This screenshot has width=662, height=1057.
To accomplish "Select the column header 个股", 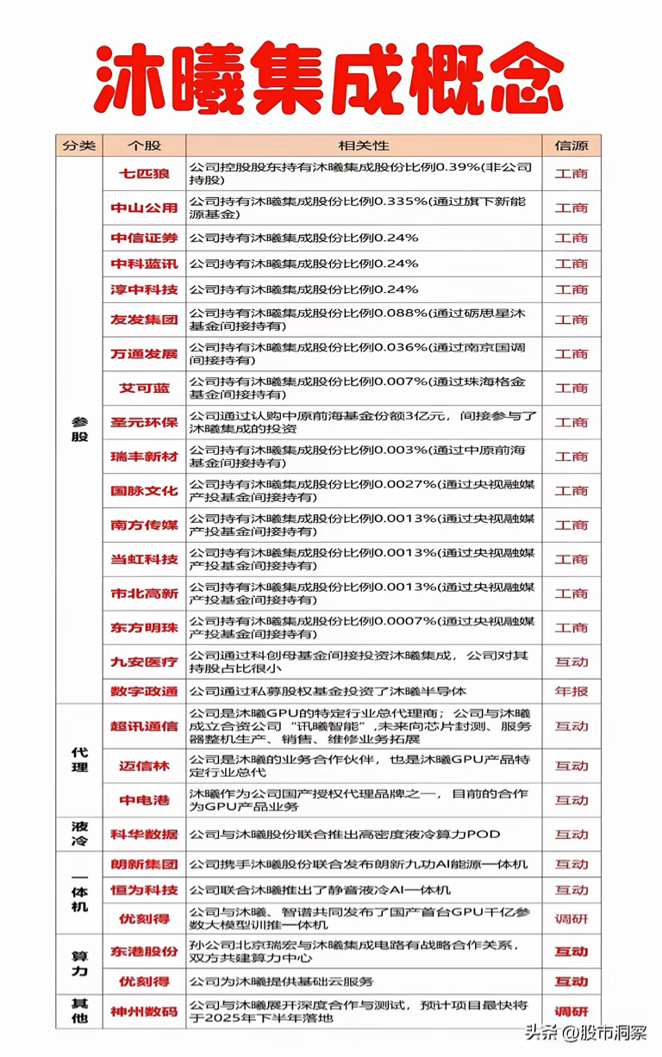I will pos(143,145).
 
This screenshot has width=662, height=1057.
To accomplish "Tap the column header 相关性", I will pos(363,145).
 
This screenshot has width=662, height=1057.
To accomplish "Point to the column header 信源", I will pos(571,145).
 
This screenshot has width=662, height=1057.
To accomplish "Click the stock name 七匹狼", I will pos(143,173).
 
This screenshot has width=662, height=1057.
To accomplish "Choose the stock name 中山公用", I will pos(143,208).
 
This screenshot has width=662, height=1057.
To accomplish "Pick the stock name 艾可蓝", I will pos(143,388).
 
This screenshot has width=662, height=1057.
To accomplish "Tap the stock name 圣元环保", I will pos(143,422).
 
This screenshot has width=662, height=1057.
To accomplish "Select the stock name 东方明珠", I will pos(143,627).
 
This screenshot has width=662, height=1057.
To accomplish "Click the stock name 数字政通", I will pos(143,691).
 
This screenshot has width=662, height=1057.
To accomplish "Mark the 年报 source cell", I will pos(571,691).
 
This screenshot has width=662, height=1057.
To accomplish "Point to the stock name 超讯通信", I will pos(143,726).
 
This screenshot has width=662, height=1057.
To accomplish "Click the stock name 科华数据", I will pos(143,834).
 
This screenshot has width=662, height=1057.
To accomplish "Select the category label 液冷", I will pos(78,834).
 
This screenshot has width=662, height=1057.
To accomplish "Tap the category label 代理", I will pos(78,759).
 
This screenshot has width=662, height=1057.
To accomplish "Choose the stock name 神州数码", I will pos(143,1011).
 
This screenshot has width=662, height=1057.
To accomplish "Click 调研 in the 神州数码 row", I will pos(571,1011).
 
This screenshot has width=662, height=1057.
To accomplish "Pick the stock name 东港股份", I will pos(143,951).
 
